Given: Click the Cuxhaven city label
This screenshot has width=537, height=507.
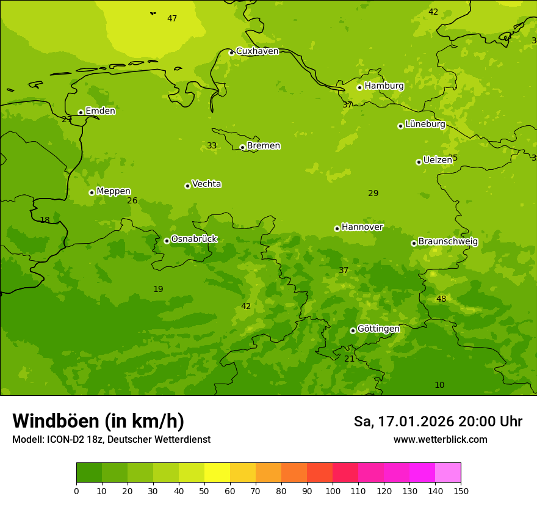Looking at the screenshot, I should coord(257,51).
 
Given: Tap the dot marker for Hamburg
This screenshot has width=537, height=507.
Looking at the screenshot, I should coord(360,87).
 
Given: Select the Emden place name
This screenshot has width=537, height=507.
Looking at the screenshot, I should coord(100,111).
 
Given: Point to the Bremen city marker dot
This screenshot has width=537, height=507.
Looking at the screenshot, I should coord(243,147).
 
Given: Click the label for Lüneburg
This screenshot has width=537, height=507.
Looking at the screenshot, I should coord(425,124).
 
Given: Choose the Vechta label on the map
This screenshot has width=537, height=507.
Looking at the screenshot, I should coord(206,184).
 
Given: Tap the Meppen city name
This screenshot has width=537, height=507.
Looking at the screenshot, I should coord(114,191).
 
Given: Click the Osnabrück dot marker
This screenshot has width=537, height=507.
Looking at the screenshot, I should coord(167,241).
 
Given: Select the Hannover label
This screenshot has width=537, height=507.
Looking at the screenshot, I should coord(362,227).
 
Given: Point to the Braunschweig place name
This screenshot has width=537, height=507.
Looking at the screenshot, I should coord(448,242).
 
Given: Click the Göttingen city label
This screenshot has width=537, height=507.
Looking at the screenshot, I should coord(378,329).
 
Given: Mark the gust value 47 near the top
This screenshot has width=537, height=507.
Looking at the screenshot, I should coord(172,19).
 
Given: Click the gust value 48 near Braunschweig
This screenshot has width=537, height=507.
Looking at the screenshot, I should coord(441,299).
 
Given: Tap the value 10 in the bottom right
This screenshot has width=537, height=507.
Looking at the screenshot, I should coord(439,385).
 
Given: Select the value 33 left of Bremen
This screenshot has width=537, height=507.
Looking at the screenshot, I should coord(212,145).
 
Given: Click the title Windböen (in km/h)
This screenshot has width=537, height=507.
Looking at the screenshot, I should coord(98,421).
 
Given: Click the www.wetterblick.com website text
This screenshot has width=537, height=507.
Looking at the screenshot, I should coord(440,440).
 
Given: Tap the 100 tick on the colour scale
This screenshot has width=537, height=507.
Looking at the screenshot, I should coord(333,491).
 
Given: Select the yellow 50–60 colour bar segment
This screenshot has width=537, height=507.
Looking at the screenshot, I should coord(217,473).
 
